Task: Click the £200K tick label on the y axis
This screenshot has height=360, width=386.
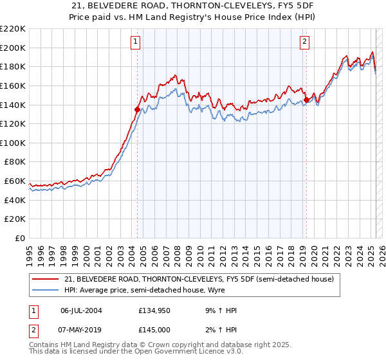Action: click(x=13, y=47)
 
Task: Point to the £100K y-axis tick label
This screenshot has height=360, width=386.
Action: click(x=13, y=143)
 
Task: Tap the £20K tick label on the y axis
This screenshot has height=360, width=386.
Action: click(x=15, y=219)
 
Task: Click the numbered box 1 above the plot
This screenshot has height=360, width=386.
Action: click(x=136, y=42)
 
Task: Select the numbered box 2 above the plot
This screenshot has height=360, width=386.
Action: click(x=304, y=42)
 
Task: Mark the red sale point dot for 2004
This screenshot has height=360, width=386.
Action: click(x=137, y=109)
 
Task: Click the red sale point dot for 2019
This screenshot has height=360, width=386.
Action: click(x=307, y=100)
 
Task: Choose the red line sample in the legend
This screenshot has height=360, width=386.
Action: click(x=44, y=280)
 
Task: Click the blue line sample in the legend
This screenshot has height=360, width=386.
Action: click(x=44, y=290)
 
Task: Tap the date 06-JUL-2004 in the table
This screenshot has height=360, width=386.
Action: click(x=81, y=310)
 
